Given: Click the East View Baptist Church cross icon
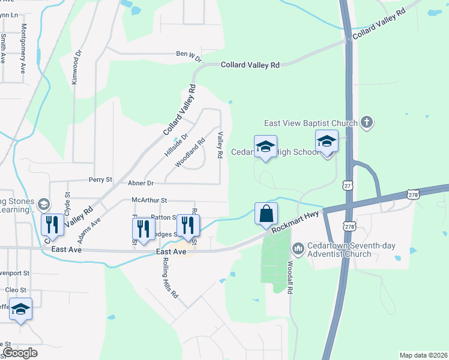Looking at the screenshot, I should (x=367, y=123).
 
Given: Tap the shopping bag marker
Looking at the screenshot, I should (x=265, y=213).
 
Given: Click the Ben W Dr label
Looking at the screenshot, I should (x=188, y=54).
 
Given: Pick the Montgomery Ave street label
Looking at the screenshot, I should (x=24, y=48).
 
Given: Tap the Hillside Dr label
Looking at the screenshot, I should (x=176, y=145).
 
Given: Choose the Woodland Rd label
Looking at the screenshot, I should (x=190, y=153).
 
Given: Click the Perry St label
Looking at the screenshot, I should (x=100, y=179).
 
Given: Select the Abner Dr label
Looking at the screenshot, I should (x=141, y=183).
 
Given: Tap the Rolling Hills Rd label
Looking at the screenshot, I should (x=171, y=278).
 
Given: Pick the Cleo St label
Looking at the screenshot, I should (x=14, y=290).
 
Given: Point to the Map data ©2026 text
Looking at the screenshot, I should (x=423, y=355).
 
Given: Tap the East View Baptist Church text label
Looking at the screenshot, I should (x=311, y=123).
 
